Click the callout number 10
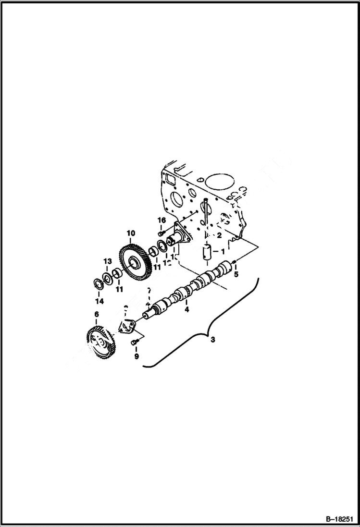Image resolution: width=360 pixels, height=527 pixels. [131, 233]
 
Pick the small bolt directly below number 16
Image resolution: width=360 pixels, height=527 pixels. [161, 233]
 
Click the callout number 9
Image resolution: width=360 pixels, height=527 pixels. [136, 356]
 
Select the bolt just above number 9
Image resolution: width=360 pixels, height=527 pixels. [135, 342]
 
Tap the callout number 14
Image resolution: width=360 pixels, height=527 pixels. [99, 301]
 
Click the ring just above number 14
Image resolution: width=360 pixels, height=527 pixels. [98, 283]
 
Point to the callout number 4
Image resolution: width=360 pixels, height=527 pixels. [187, 310]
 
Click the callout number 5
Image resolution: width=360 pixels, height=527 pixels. [236, 275]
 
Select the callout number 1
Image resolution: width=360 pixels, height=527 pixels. [222, 251]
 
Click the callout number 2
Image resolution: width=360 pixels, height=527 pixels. [219, 235]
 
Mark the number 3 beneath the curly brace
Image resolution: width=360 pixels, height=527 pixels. [213, 340]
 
